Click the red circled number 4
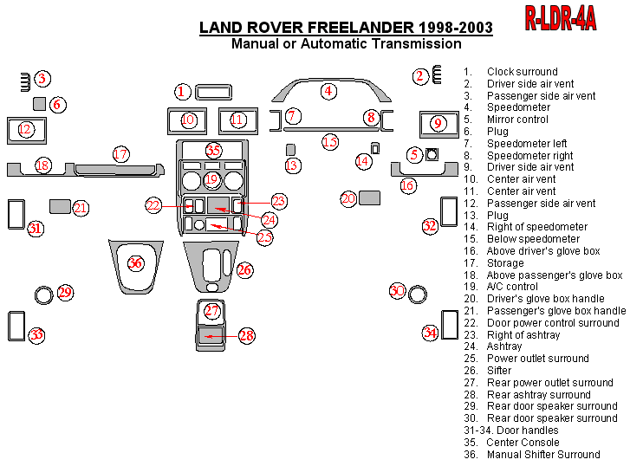(x=328, y=90)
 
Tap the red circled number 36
(x=135, y=262)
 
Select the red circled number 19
(x=212, y=180)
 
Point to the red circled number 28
(x=247, y=336)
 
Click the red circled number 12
(x=25, y=130)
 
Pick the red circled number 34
(x=430, y=332)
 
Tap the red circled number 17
(x=120, y=154)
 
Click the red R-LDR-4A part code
(x=560, y=19)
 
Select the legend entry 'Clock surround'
(x=522, y=72)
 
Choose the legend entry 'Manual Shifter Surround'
(x=542, y=454)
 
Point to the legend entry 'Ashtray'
(x=504, y=346)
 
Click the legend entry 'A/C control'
(x=512, y=287)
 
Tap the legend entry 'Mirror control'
(x=517, y=120)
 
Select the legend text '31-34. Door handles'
(x=511, y=430)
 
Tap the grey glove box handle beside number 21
(x=60, y=206)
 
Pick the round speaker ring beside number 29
(x=43, y=294)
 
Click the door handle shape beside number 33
(x=16, y=326)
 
